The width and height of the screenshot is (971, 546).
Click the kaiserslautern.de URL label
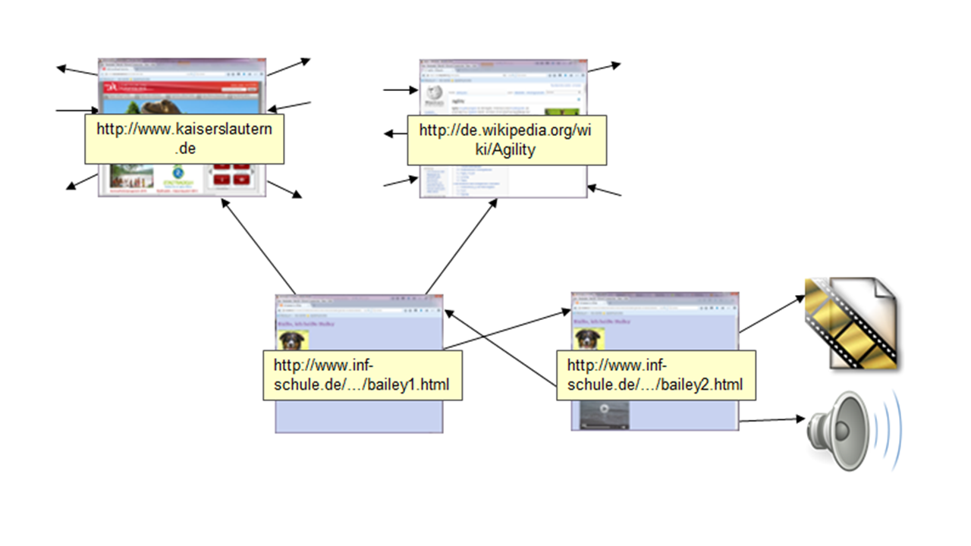coord(184,138)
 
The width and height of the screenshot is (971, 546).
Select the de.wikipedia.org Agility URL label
coord(506,140)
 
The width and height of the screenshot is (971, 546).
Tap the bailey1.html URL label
coord(361,375)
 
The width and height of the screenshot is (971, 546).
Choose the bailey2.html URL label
coord(655,375)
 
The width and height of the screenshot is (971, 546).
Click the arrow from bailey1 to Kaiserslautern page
coord(258,246)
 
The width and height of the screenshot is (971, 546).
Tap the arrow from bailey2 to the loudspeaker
coord(771,419)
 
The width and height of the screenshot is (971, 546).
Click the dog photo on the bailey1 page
coord(289,339)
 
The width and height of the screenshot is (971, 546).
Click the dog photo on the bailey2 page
coord(585,339)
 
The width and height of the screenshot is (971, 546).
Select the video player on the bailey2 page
coord(605,414)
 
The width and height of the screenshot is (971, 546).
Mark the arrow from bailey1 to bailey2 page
coord(508,329)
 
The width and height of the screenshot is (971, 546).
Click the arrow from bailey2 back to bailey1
coord(501,350)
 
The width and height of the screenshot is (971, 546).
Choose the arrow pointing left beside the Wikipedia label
coord(395,134)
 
